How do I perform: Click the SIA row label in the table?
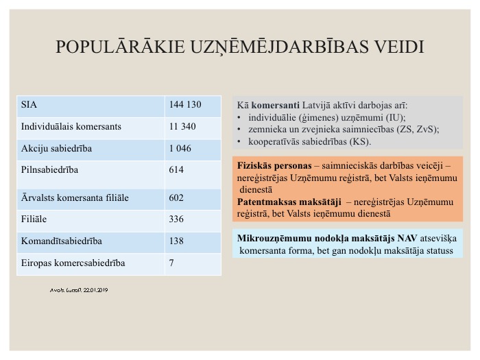click(29, 105)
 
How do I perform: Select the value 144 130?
click(184, 105)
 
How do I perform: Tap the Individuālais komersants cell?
click(71, 126)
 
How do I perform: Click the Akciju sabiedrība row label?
click(57, 148)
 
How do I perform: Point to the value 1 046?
click(180, 148)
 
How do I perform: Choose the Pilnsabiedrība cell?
click(50, 169)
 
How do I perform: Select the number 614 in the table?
click(176, 169)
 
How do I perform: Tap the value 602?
click(176, 198)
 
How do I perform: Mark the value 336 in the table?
click(176, 219)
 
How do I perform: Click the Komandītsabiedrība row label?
click(62, 241)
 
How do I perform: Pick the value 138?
click(176, 241)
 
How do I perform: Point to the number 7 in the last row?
click(171, 263)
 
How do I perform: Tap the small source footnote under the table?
click(79, 290)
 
